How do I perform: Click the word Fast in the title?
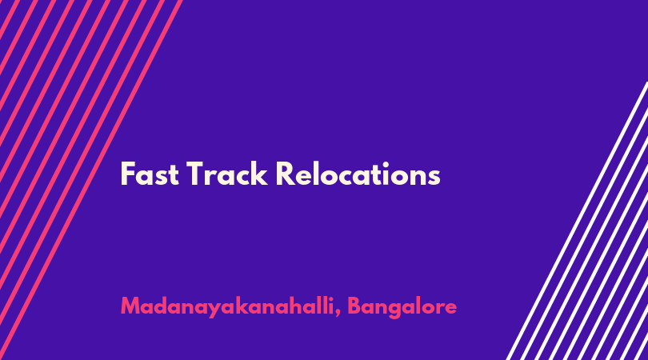150,174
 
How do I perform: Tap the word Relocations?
358,174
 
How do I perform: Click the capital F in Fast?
128,174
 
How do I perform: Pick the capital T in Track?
196,174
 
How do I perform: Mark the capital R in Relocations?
285,174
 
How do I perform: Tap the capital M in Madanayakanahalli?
130,306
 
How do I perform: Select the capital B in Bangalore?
354,306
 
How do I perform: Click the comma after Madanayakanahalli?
338,314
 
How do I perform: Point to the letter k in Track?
259,174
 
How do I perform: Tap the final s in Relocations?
434,178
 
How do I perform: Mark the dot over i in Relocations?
386,165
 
